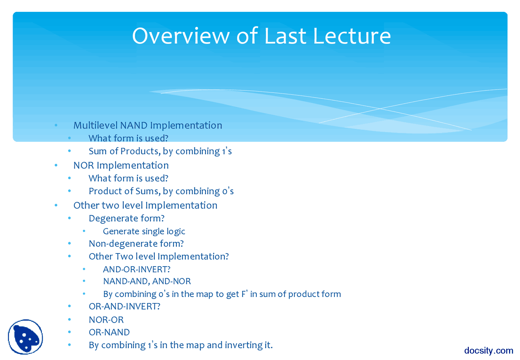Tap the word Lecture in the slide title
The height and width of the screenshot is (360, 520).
point(352,36)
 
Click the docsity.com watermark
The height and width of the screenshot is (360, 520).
point(489,350)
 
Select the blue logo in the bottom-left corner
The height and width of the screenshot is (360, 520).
point(25,337)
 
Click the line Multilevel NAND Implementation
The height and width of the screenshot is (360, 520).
point(147,125)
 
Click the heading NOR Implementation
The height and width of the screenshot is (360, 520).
point(121,165)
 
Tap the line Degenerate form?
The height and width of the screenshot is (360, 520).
point(126,218)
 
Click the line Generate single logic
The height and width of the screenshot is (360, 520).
point(144,231)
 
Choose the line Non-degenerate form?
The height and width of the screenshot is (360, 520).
point(136,244)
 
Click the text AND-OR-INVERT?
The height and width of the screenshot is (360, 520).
point(136,269)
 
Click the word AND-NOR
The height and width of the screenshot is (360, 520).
point(171,281)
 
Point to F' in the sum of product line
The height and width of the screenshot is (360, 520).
point(245,294)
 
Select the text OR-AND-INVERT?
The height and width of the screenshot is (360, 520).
point(124,306)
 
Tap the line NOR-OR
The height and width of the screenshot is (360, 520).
point(106,320)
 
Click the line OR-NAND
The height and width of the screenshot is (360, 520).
point(109,332)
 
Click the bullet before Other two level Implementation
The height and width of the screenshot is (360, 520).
point(56,206)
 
